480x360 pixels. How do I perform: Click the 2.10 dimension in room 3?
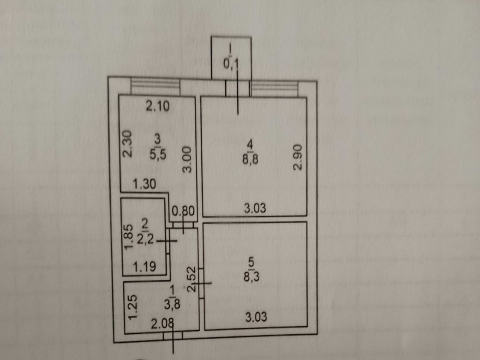tap(157, 107)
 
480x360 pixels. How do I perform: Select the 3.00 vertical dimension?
tap(187, 160)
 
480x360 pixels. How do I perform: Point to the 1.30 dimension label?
tap(144, 184)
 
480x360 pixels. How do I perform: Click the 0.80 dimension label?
tap(183, 211)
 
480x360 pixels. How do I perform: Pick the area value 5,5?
tap(158, 154)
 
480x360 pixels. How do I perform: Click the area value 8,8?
tap(251, 159)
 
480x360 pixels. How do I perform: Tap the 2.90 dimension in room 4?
tap(298, 157)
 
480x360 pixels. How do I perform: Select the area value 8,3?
tap(252, 276)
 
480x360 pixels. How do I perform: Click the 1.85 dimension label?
tap(130, 237)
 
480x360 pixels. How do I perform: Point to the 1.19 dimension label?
tap(144, 266)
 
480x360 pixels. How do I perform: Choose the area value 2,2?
tap(145, 239)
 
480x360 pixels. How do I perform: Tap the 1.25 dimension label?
tap(132, 307)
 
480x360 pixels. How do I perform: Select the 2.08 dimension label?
tap(163, 324)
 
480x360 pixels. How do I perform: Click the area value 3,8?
tap(172, 304)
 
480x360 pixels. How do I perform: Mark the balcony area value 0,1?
tap(231, 64)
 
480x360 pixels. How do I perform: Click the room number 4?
tap(251, 144)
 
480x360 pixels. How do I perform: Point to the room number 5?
tap(252, 262)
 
